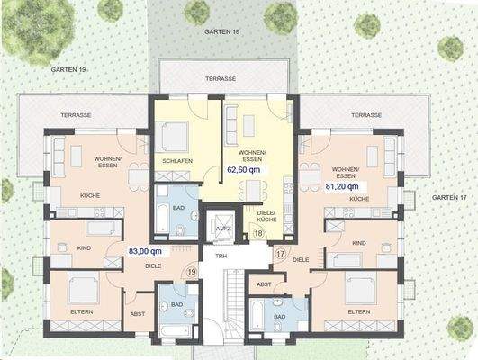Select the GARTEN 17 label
[448, 197]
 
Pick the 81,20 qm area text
[343, 186]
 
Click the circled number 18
[258, 233]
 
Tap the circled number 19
[190, 271]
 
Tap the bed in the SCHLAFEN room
[171, 137]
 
